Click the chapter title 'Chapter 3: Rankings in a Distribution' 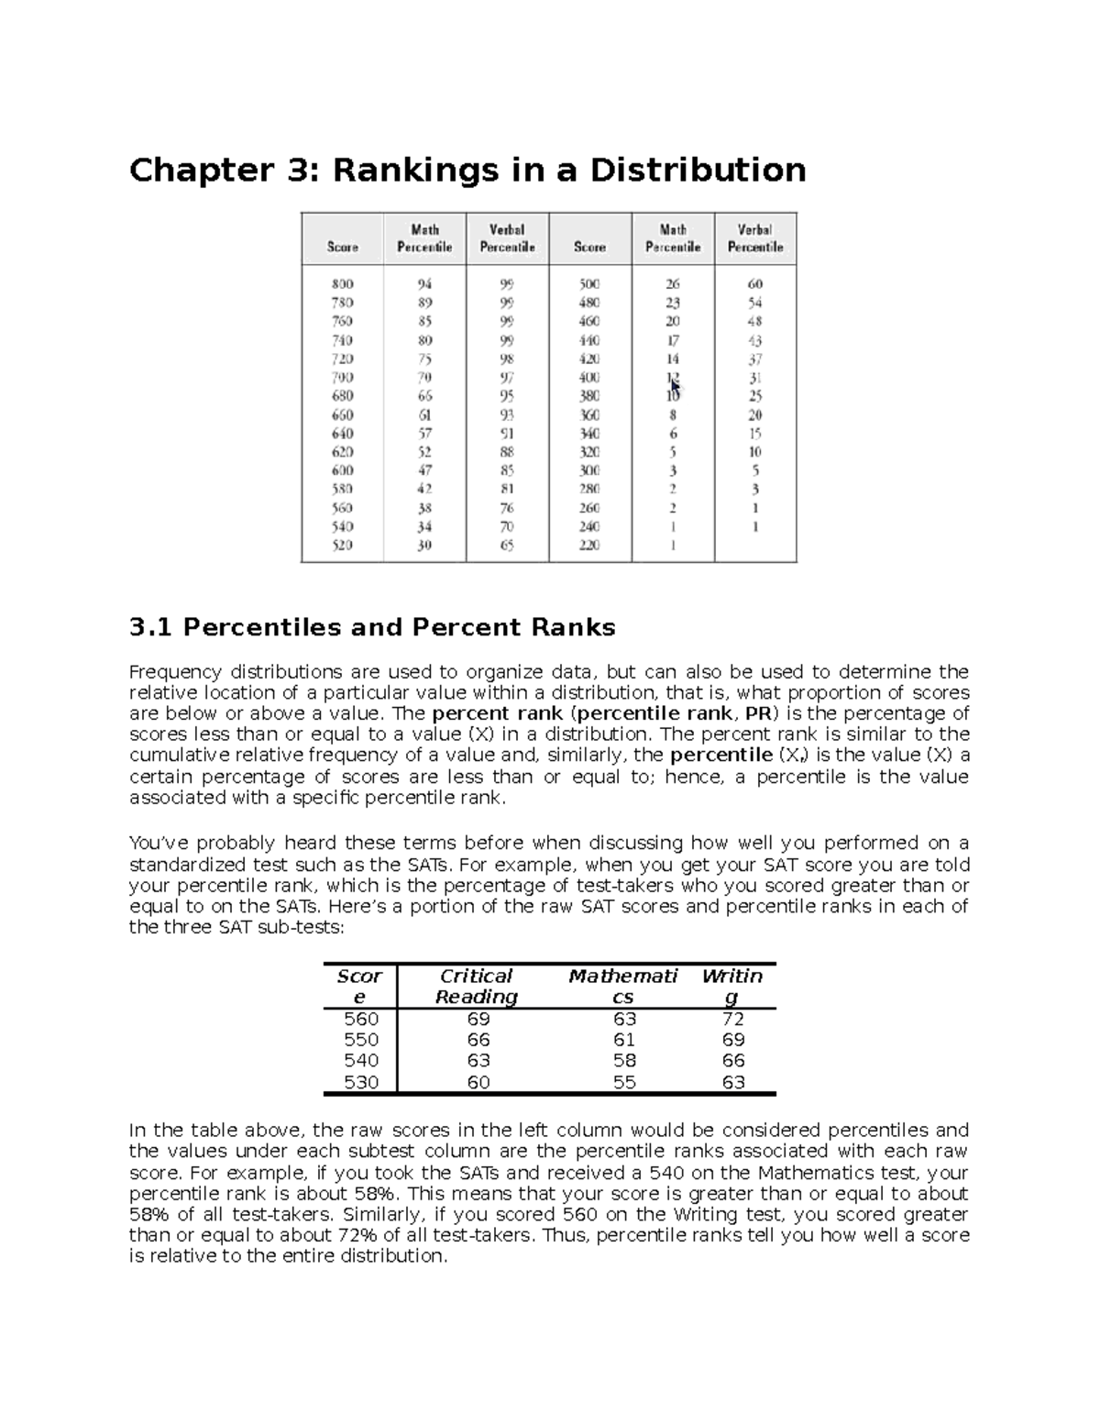[467, 171]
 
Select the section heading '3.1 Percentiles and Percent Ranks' [372, 627]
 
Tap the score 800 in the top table [343, 284]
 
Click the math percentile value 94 [424, 284]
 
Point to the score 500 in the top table [588, 284]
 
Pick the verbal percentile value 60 [754, 284]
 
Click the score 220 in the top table [588, 546]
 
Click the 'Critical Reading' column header [476, 987]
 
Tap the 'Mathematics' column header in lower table [622, 987]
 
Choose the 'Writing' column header [731, 987]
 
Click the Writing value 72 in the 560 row [732, 1019]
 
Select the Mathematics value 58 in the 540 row [624, 1061]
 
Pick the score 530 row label [360, 1082]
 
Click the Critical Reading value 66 [478, 1040]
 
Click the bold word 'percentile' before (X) [721, 756]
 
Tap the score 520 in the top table [343, 546]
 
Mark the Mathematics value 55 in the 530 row [624, 1082]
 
